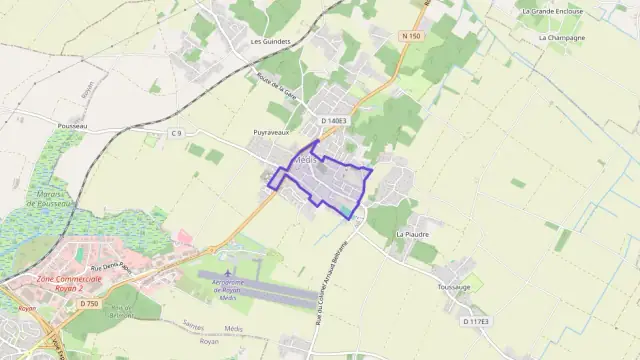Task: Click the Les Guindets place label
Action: coord(270,42)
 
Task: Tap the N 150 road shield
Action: coord(410,36)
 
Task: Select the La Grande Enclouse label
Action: coord(553,11)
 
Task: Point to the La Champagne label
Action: coord(562,37)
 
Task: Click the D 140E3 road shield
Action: coord(334,121)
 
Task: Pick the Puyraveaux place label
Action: coord(272,131)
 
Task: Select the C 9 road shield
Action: coord(177,132)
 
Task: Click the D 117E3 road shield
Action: coord(476,321)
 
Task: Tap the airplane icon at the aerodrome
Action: coord(229,271)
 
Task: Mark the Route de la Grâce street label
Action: coord(292,91)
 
